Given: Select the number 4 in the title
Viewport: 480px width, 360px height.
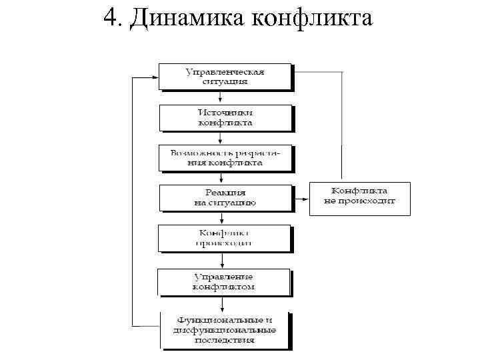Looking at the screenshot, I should click(111, 18).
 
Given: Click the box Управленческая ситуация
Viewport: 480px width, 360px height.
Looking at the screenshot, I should click(225, 76).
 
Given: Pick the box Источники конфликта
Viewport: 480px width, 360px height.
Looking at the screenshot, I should click(225, 117).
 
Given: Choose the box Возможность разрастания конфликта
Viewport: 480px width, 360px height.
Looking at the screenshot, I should click(225, 157).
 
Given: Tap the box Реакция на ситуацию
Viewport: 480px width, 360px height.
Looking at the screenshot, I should click(225, 197).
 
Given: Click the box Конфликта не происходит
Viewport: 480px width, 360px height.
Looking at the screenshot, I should click(360, 197).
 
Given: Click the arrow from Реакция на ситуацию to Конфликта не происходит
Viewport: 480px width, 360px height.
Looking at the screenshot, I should click(301, 197).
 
